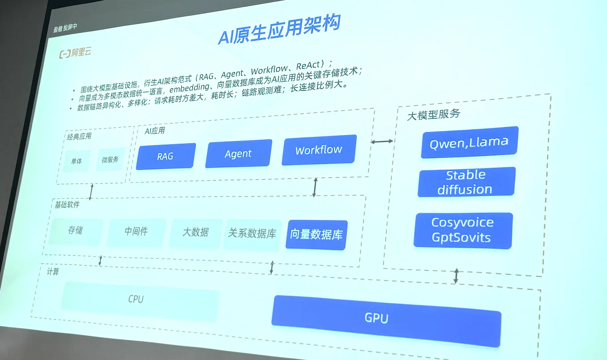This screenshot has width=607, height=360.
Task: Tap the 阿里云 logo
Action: (x=75, y=53)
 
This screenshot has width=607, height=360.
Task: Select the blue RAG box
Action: (x=166, y=156)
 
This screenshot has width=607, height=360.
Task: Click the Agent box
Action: (x=238, y=154)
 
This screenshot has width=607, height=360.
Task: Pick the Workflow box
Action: (x=319, y=150)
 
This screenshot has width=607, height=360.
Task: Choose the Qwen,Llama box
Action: (x=469, y=142)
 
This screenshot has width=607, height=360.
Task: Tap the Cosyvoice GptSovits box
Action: (x=463, y=230)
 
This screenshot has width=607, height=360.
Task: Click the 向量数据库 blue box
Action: (x=316, y=235)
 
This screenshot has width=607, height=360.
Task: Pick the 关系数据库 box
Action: (x=252, y=233)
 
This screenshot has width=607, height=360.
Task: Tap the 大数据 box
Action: (x=196, y=232)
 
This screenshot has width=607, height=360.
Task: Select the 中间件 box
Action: (x=136, y=231)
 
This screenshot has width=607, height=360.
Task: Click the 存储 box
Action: (x=75, y=231)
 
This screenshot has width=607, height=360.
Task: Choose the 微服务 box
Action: (x=110, y=159)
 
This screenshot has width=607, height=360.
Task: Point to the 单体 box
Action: (x=77, y=161)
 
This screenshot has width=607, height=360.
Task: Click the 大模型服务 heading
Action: (x=433, y=114)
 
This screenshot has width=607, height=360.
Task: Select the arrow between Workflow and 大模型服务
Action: (x=382, y=141)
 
